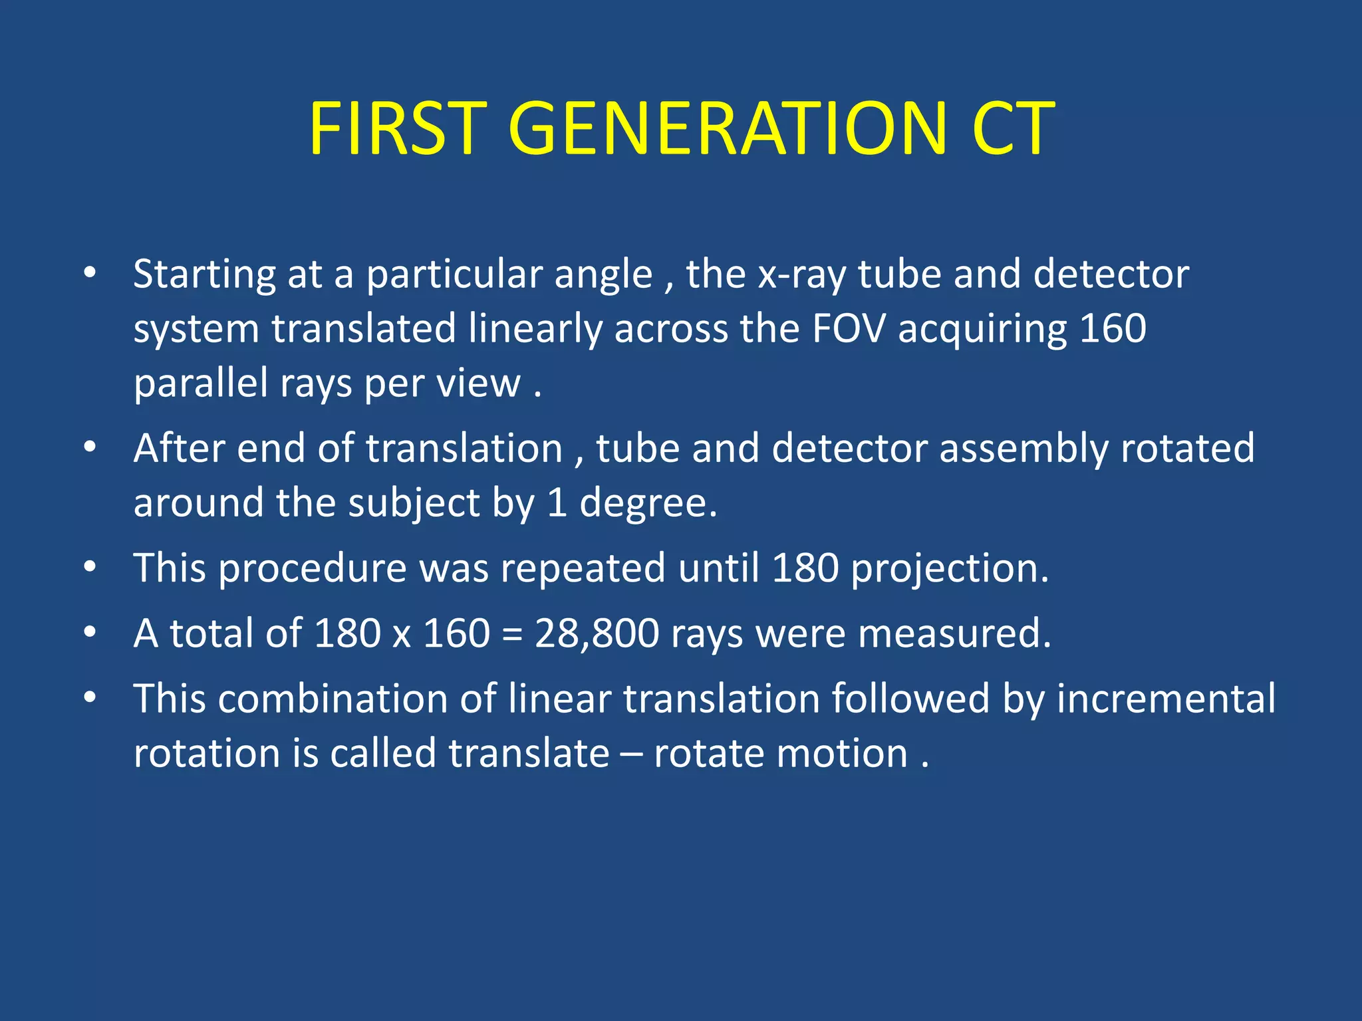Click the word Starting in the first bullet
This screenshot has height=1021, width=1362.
(204, 275)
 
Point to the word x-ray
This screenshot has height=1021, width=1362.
(802, 275)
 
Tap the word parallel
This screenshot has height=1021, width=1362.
(200, 384)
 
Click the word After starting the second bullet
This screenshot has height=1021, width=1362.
(179, 448)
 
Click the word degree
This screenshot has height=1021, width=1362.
(648, 504)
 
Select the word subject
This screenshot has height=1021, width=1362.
(414, 504)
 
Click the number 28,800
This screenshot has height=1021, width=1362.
(597, 633)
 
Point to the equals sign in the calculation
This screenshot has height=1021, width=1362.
(512, 634)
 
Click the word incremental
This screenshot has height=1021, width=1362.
(1166, 699)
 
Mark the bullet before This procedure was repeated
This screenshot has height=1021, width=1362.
(90, 568)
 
